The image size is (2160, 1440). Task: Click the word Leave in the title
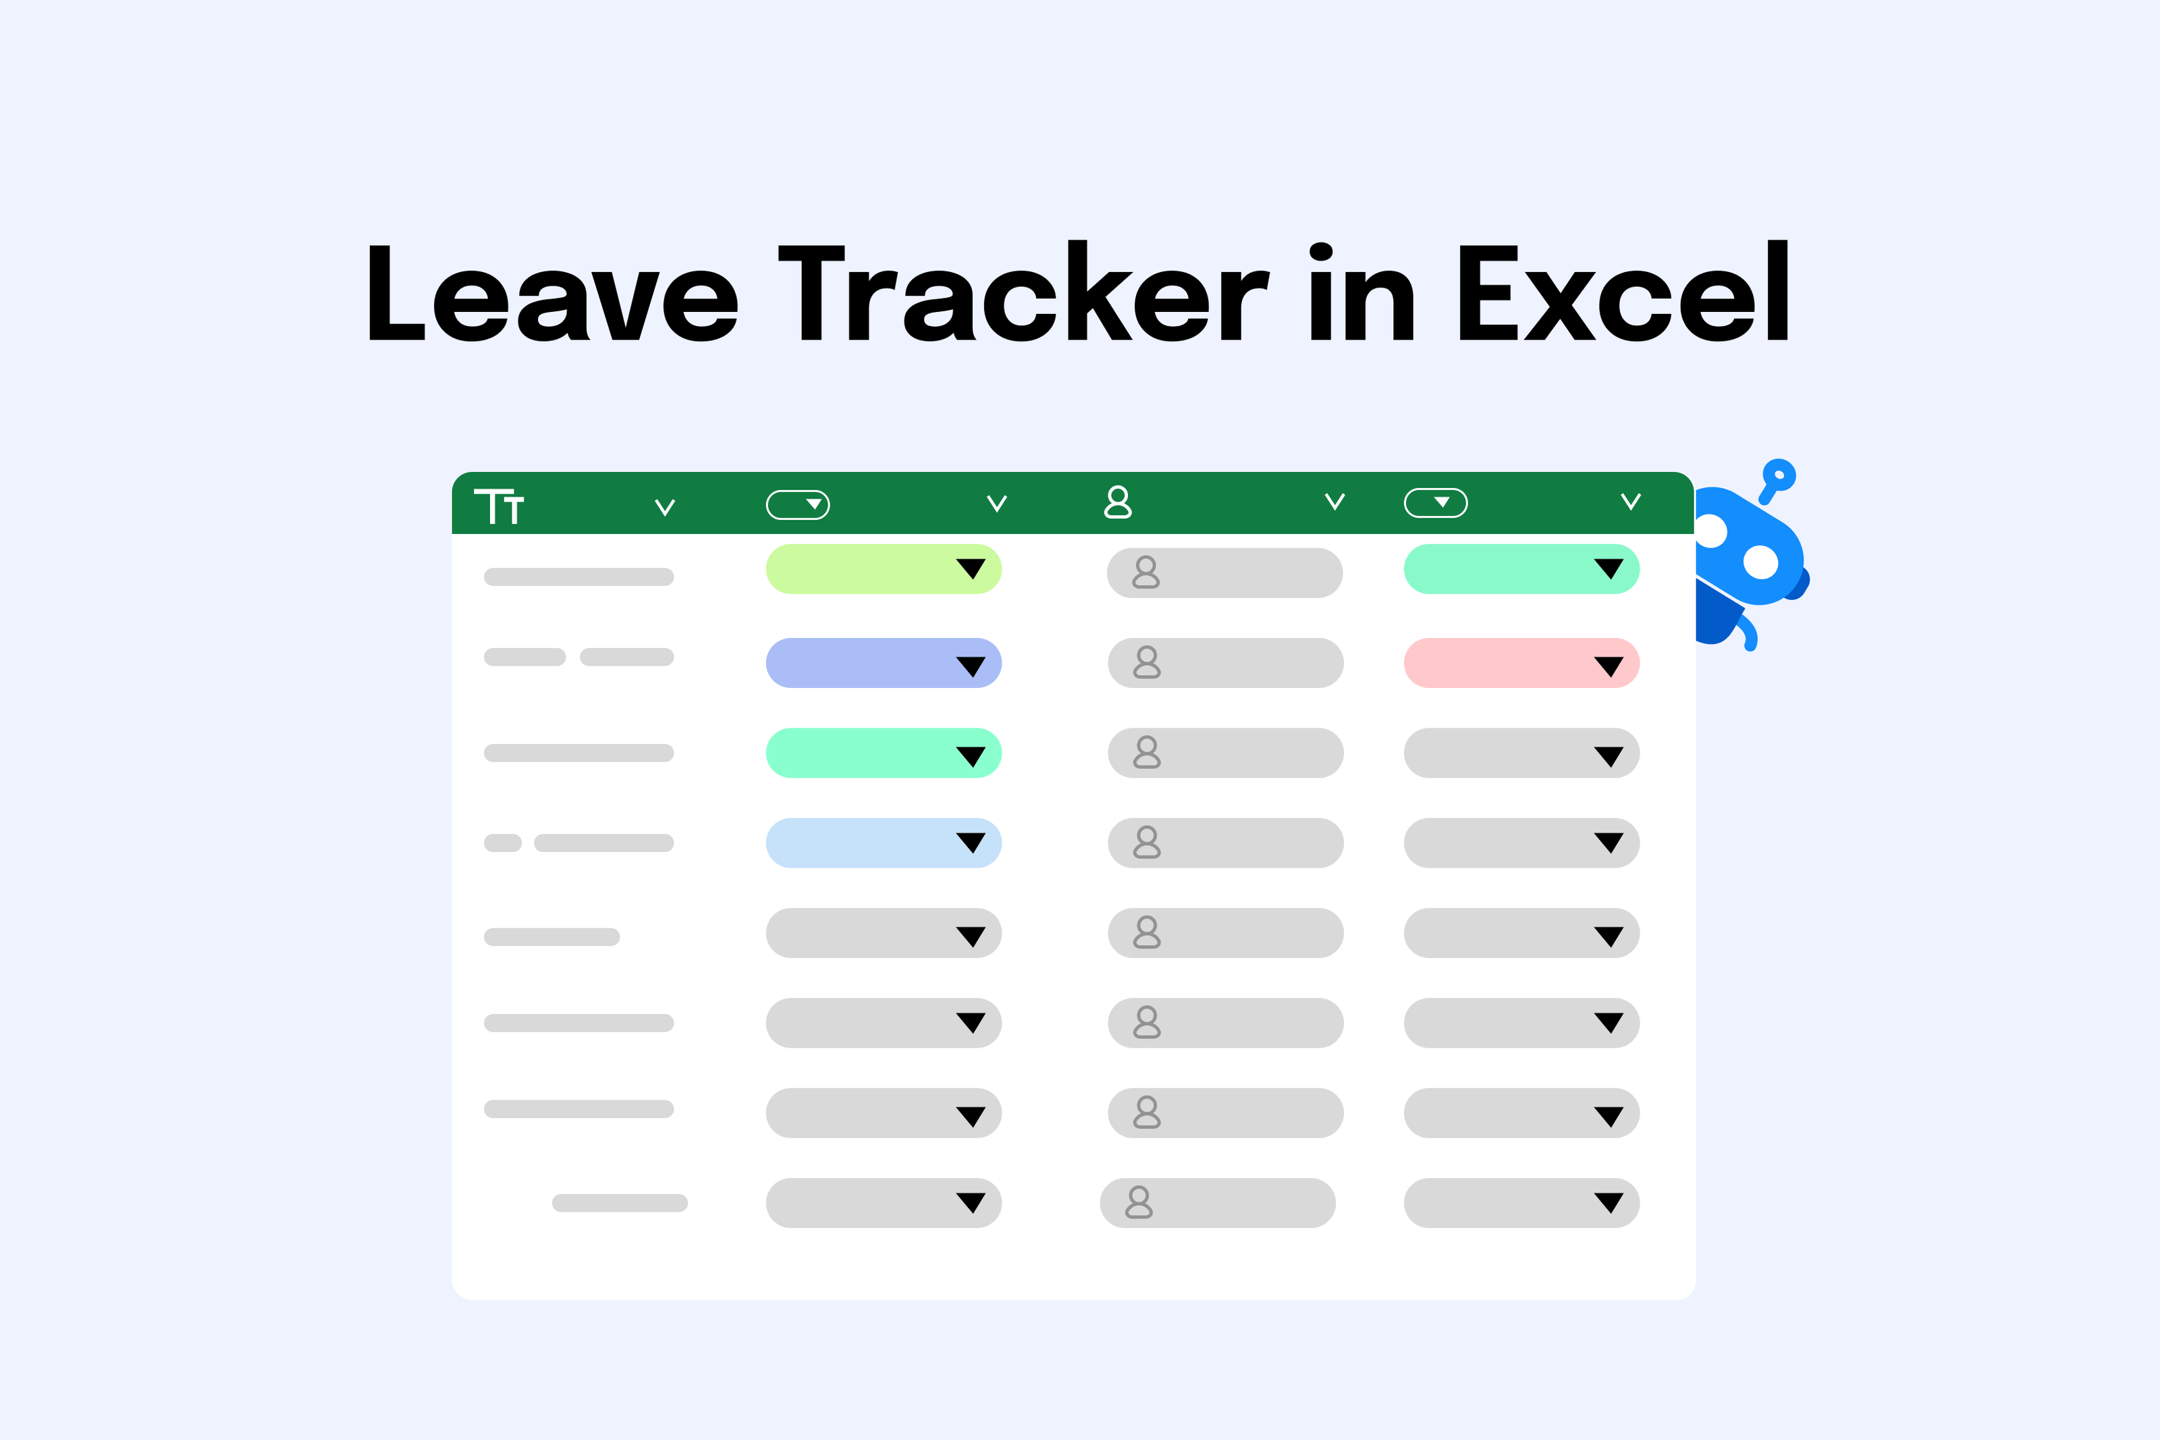pos(553,294)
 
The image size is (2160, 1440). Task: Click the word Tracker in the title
pos(1023,294)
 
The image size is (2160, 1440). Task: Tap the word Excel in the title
pos(1623,294)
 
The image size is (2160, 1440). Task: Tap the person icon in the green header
pos(1117,502)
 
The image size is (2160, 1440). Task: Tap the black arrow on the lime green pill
pos(970,568)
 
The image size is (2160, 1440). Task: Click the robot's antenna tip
pos(1779,475)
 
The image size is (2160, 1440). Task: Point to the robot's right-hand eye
pos(1760,562)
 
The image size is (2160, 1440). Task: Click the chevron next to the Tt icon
pos(665,507)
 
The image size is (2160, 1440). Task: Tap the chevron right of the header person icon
pos(1334,502)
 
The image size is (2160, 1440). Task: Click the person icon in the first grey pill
pos(1145,572)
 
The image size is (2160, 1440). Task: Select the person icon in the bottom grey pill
pos(1138,1203)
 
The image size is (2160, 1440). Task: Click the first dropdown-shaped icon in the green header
pos(798,504)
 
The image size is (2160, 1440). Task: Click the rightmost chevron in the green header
pos(1630,502)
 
